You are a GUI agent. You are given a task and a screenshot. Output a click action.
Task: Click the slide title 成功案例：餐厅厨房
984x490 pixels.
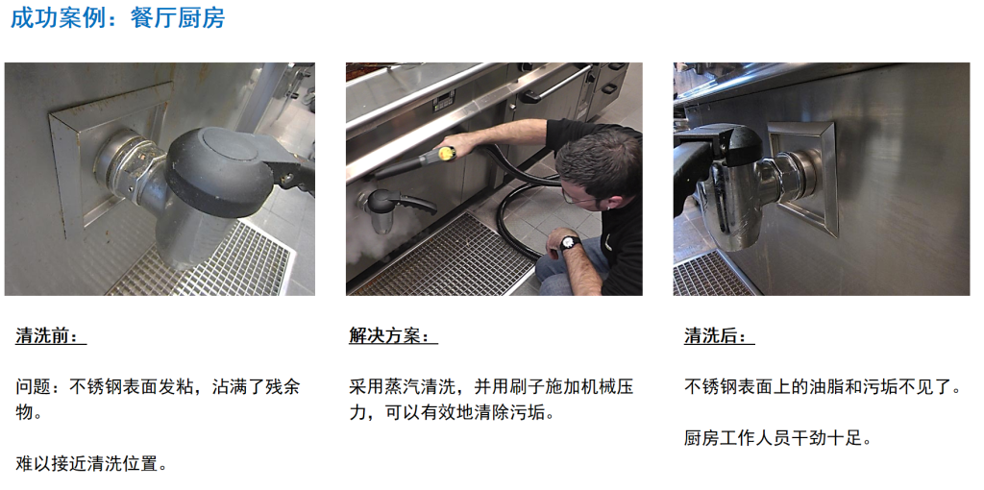tap(117, 17)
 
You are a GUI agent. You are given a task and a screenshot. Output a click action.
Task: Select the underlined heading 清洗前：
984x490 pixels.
tap(51, 336)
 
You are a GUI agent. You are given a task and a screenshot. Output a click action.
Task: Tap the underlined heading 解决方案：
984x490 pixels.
tap(393, 336)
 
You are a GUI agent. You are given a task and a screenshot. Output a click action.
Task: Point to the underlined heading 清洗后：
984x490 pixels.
tap(719, 336)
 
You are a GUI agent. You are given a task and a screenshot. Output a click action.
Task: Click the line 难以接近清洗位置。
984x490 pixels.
tap(92, 464)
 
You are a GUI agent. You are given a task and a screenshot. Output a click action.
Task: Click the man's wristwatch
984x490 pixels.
tap(569, 242)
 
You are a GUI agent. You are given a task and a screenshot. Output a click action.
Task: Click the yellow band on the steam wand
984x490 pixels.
tap(446, 153)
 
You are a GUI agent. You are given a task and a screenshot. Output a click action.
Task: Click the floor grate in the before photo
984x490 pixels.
tap(208, 262)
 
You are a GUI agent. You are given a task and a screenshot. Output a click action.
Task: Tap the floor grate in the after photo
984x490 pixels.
tap(713, 274)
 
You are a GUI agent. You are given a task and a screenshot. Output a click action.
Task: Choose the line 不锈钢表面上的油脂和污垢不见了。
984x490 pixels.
tap(823, 386)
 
